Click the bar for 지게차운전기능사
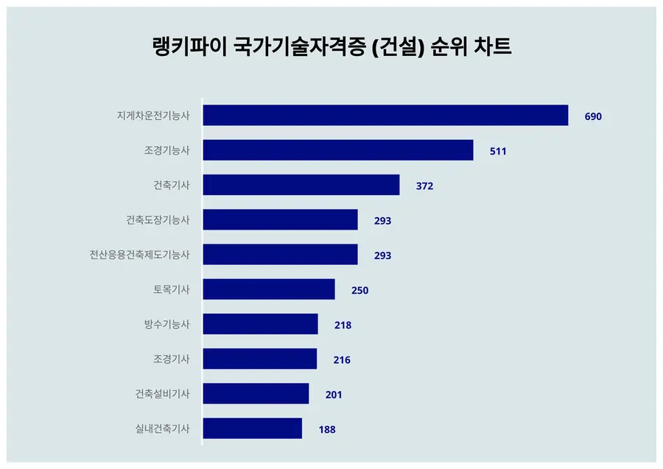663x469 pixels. click(385, 116)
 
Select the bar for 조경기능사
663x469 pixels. click(337, 150)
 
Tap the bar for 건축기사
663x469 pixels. click(301, 185)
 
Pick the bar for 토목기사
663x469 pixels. click(268, 289)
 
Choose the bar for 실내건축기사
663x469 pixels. click(252, 429)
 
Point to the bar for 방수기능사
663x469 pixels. click(260, 324)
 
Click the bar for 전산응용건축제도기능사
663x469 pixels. click(280, 255)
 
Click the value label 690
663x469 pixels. click(593, 116)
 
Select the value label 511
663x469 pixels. click(498, 151)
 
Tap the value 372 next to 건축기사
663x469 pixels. click(424, 186)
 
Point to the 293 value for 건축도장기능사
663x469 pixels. click(382, 220)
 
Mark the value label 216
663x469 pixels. click(342, 359)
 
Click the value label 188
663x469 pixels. click(327, 429)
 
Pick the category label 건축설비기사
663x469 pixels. click(162, 394)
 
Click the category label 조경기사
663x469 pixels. click(172, 359)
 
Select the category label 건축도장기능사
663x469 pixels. click(158, 219)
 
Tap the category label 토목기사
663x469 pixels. click(172, 289)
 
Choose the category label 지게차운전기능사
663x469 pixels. click(153, 116)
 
